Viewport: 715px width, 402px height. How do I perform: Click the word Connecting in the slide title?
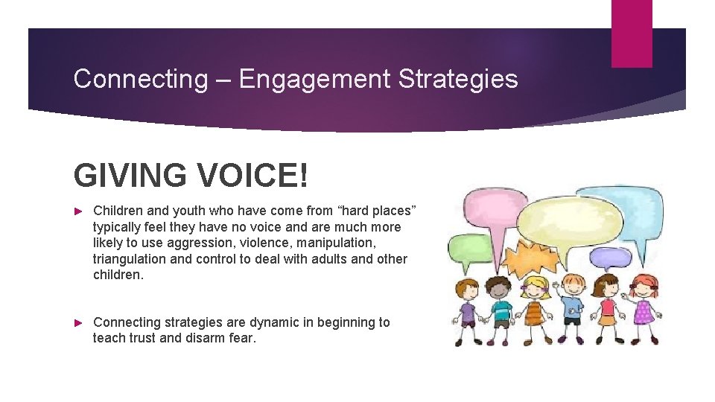pos(141,79)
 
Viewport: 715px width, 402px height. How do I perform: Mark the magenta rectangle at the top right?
pos(632,33)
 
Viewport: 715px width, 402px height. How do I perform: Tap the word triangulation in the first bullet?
pos(131,259)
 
